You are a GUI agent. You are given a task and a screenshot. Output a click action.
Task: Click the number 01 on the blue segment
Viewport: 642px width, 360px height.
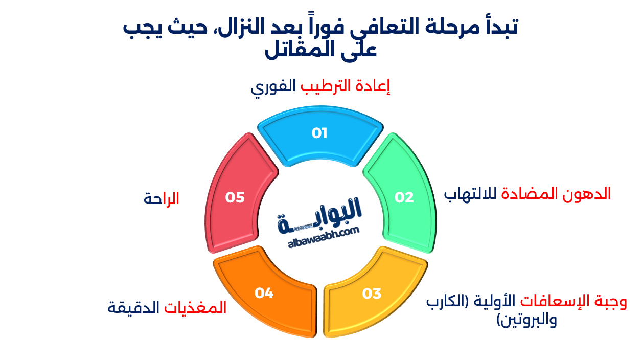(x=319, y=133)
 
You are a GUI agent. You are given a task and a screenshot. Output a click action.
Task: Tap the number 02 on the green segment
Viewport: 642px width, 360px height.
(x=404, y=197)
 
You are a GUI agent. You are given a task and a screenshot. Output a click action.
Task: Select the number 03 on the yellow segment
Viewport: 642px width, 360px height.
(x=372, y=294)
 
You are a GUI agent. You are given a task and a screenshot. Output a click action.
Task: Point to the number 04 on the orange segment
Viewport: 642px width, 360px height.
(x=264, y=294)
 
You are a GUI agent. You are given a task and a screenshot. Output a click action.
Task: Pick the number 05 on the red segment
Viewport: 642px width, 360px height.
(x=235, y=197)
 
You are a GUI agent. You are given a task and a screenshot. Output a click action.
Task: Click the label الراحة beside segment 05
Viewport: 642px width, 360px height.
(x=162, y=199)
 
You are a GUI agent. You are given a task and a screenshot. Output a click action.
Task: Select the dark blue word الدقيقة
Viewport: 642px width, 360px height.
(x=134, y=308)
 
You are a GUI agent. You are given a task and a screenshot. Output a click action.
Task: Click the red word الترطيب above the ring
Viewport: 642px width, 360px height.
(x=325, y=86)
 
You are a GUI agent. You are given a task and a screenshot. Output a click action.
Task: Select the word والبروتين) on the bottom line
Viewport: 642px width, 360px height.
(x=526, y=321)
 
